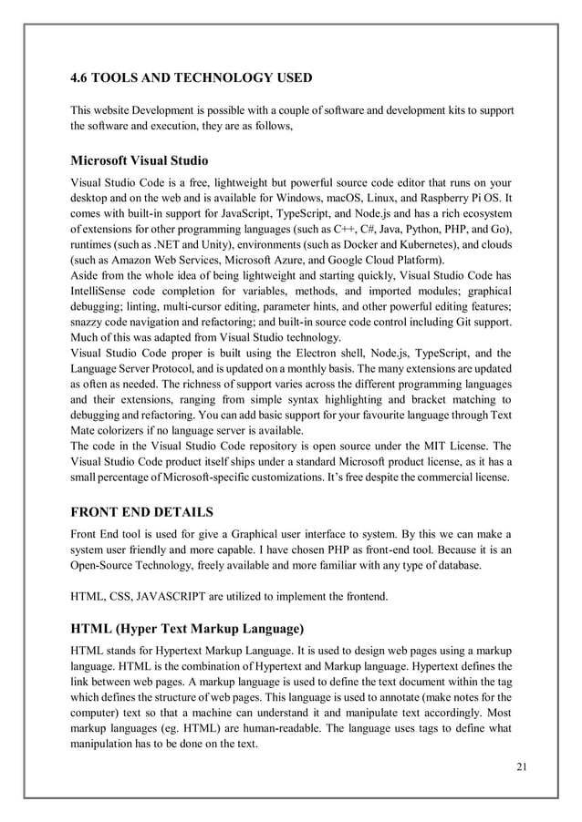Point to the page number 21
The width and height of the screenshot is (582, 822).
click(x=521, y=764)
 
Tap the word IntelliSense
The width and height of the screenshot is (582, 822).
click(x=101, y=279)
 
